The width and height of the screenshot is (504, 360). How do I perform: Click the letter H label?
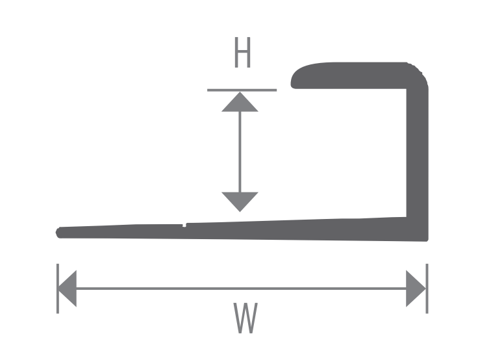pyautogui.click(x=242, y=52)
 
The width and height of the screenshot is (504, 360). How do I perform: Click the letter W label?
pyautogui.click(x=246, y=318)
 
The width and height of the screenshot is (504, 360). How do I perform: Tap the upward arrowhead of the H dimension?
pyautogui.click(x=240, y=102)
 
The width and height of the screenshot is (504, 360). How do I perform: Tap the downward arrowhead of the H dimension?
pyautogui.click(x=240, y=201)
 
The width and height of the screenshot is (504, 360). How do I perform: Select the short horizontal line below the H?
pyautogui.click(x=242, y=90)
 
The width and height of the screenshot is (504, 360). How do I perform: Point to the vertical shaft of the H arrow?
pyautogui.click(x=240, y=152)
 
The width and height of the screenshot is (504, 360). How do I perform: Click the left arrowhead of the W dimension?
pyautogui.click(x=67, y=289)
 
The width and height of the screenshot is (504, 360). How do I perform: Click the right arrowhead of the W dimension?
pyautogui.click(x=416, y=289)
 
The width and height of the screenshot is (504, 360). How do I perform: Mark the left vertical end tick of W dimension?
pyautogui.click(x=58, y=289)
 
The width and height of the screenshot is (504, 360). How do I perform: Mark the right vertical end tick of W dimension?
pyautogui.click(x=427, y=289)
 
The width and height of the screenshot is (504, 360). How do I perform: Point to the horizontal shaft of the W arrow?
pyautogui.click(x=242, y=289)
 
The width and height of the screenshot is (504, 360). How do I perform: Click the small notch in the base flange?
pyautogui.click(x=184, y=225)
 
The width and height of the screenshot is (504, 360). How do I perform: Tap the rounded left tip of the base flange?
pyautogui.click(x=58, y=233)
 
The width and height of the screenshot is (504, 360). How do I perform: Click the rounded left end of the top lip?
pyautogui.click(x=294, y=79)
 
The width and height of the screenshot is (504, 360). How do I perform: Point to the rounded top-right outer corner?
pyautogui.click(x=422, y=72)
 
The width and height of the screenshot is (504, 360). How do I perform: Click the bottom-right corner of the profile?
pyautogui.click(x=427, y=240)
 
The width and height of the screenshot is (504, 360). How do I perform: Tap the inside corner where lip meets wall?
pyautogui.click(x=407, y=89)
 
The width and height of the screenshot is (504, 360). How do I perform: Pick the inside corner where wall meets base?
pyautogui.click(x=407, y=217)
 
